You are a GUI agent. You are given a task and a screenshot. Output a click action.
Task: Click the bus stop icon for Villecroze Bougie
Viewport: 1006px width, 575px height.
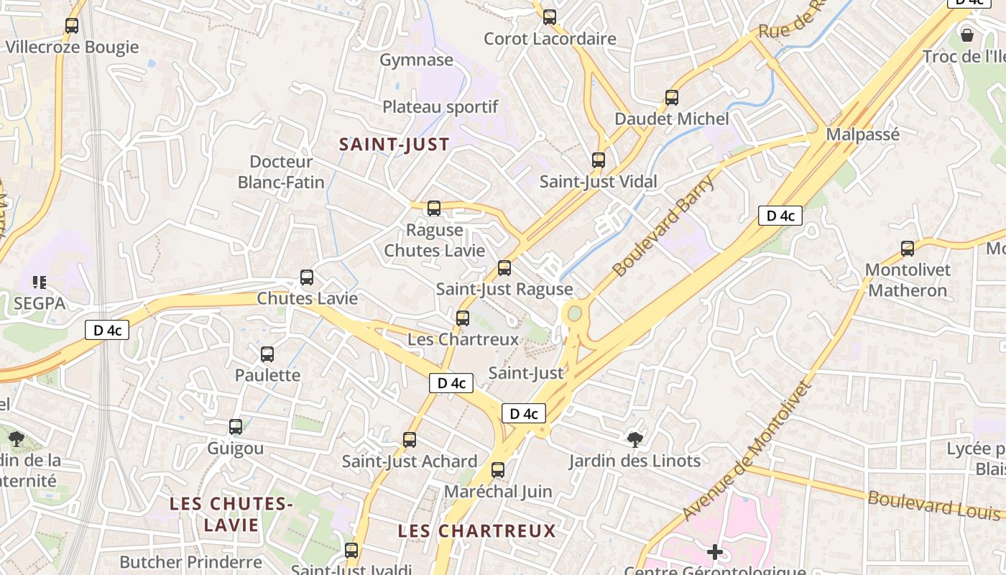tap(72, 26)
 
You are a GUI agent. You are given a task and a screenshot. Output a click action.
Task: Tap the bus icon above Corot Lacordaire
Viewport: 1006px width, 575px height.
tap(550, 17)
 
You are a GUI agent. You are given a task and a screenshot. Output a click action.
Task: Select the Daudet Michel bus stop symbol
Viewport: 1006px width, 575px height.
tap(672, 97)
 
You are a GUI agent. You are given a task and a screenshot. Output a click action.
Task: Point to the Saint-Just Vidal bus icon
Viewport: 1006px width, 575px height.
tap(599, 160)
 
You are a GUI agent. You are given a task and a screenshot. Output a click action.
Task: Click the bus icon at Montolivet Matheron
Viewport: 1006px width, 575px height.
tap(908, 249)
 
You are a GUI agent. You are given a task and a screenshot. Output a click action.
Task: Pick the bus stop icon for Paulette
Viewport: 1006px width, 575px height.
tap(267, 354)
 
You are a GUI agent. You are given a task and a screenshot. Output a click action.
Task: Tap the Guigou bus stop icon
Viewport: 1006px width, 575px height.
tap(236, 427)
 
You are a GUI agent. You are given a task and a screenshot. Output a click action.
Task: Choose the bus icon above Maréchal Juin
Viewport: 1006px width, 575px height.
tap(498, 471)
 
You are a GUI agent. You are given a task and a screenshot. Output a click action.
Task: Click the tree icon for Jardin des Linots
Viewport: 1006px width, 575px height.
tap(634, 438)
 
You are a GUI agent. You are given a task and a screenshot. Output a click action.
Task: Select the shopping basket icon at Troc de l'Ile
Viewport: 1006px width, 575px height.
tap(967, 34)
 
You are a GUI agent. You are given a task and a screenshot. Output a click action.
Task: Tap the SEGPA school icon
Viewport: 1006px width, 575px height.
tap(39, 282)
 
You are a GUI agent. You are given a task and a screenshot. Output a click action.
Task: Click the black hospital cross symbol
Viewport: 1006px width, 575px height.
tap(714, 552)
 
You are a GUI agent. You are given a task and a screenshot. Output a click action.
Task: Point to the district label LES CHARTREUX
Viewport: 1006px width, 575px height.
tap(477, 531)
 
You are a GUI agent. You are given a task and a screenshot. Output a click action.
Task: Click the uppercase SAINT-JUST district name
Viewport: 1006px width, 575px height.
tap(394, 144)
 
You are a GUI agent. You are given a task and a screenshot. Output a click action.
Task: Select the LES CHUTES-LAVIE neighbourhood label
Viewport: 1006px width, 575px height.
tap(231, 514)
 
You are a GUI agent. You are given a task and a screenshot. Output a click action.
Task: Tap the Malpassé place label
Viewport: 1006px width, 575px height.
tap(862, 134)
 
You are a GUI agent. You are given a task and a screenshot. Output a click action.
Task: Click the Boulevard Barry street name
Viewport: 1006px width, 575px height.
tap(664, 225)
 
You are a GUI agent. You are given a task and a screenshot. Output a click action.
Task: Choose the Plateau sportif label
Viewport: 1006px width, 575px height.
tap(440, 107)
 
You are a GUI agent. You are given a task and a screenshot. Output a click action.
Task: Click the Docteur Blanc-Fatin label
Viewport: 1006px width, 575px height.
tap(281, 172)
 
